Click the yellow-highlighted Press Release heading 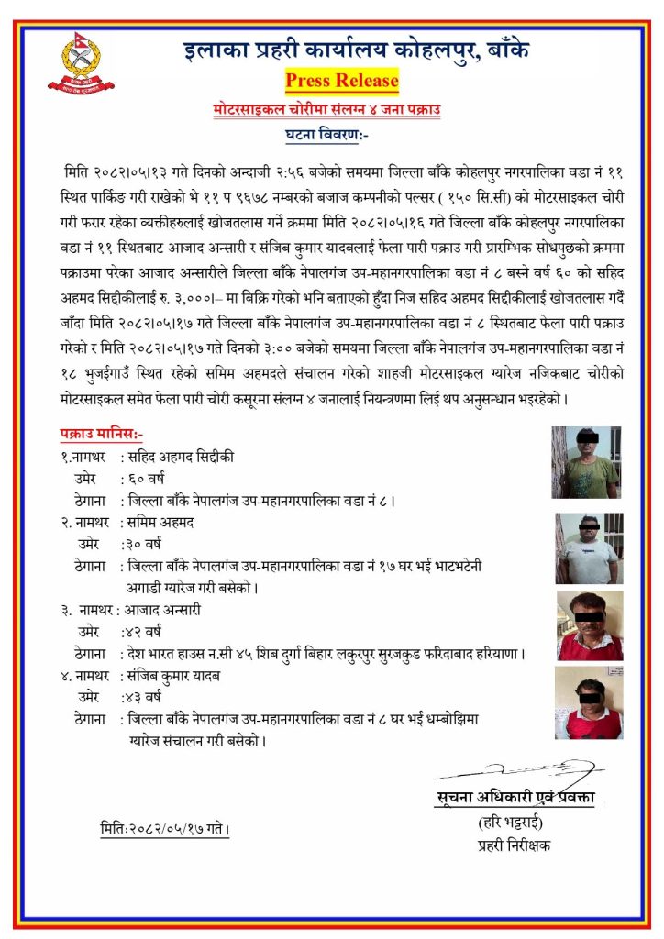pyautogui.click(x=342, y=81)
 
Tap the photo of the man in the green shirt pyautogui.click(x=586, y=462)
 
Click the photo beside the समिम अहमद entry pyautogui.click(x=588, y=548)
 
